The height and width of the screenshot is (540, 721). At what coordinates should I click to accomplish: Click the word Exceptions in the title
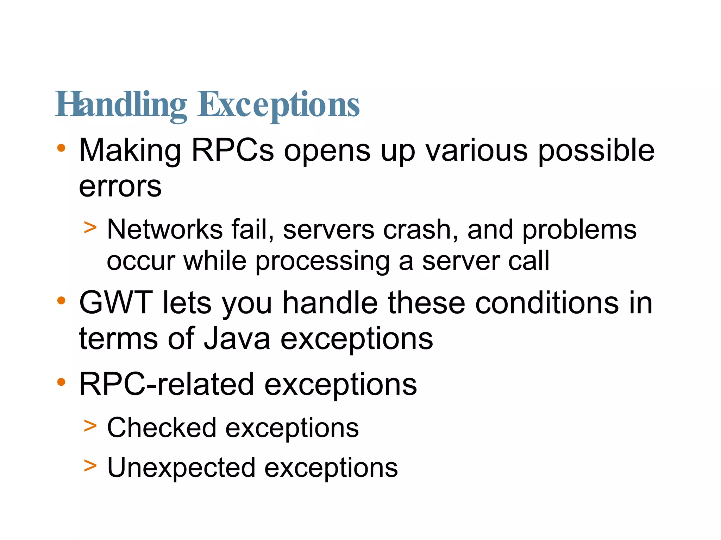[278, 104]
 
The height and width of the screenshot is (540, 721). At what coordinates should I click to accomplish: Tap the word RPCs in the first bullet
[232, 150]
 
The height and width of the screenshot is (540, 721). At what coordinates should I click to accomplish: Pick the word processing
[322, 261]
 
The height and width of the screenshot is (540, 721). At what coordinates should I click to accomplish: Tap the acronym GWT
[116, 303]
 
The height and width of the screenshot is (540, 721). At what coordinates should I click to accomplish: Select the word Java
[237, 339]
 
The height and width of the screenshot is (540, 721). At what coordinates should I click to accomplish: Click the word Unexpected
[181, 467]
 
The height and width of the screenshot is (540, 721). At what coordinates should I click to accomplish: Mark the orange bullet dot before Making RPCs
[61, 148]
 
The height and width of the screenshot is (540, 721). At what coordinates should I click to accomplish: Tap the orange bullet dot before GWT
[61, 301]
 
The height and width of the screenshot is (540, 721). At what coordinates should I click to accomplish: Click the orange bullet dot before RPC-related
[61, 382]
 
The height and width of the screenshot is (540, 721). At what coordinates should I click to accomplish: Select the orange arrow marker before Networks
[90, 227]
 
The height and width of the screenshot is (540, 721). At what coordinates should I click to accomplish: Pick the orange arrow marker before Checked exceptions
[90, 426]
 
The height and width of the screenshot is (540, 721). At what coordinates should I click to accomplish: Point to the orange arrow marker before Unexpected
[90, 466]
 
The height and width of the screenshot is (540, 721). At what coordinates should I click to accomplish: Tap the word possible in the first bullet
[596, 150]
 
